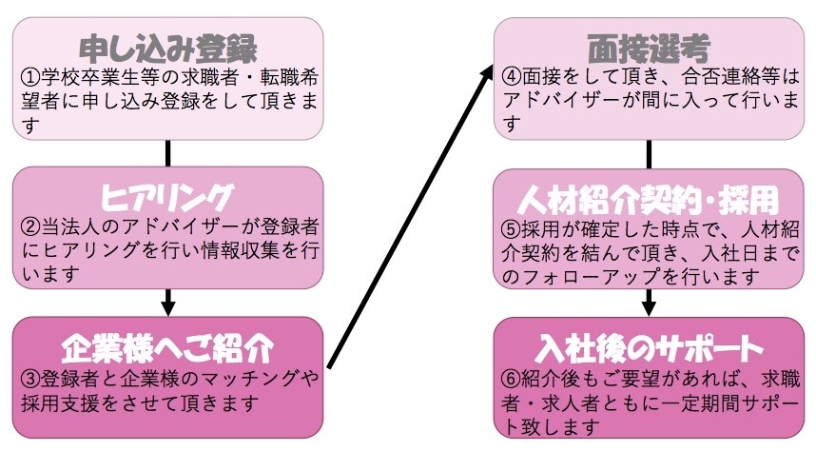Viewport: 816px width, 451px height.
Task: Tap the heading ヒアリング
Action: tap(167, 197)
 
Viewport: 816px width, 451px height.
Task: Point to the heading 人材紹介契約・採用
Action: tap(649, 200)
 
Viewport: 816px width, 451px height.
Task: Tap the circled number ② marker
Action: tap(29, 227)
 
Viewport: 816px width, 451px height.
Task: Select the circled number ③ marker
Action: tap(29, 378)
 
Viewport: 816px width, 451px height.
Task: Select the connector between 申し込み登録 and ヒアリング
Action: tap(168, 152)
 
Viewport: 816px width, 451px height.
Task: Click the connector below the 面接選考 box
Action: tap(649, 153)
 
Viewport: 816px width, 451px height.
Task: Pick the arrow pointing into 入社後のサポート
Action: tap(649, 302)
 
